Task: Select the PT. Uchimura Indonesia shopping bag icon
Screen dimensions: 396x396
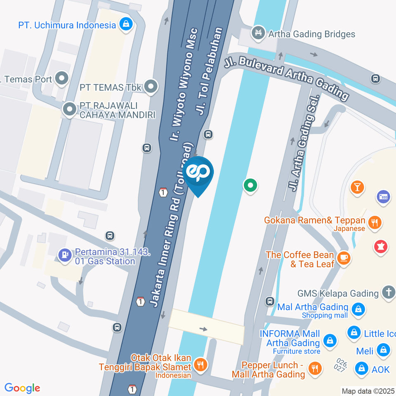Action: click(126, 25)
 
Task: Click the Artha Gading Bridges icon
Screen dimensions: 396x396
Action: click(259, 33)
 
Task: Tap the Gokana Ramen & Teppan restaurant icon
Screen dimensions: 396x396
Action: click(375, 223)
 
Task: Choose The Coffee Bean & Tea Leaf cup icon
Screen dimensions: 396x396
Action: click(343, 259)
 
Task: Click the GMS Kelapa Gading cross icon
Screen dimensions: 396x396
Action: click(388, 292)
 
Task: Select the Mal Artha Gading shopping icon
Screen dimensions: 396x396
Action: click(358, 310)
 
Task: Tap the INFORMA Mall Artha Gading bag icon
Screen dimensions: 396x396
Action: click(330, 341)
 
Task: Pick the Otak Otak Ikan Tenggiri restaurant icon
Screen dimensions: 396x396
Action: click(201, 365)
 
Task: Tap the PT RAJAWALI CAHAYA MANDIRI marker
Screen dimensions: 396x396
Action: click(68, 110)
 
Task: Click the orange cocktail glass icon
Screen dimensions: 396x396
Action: click(357, 187)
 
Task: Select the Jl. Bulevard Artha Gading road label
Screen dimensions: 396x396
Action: click(287, 78)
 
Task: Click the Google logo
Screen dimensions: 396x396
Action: click(22, 388)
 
